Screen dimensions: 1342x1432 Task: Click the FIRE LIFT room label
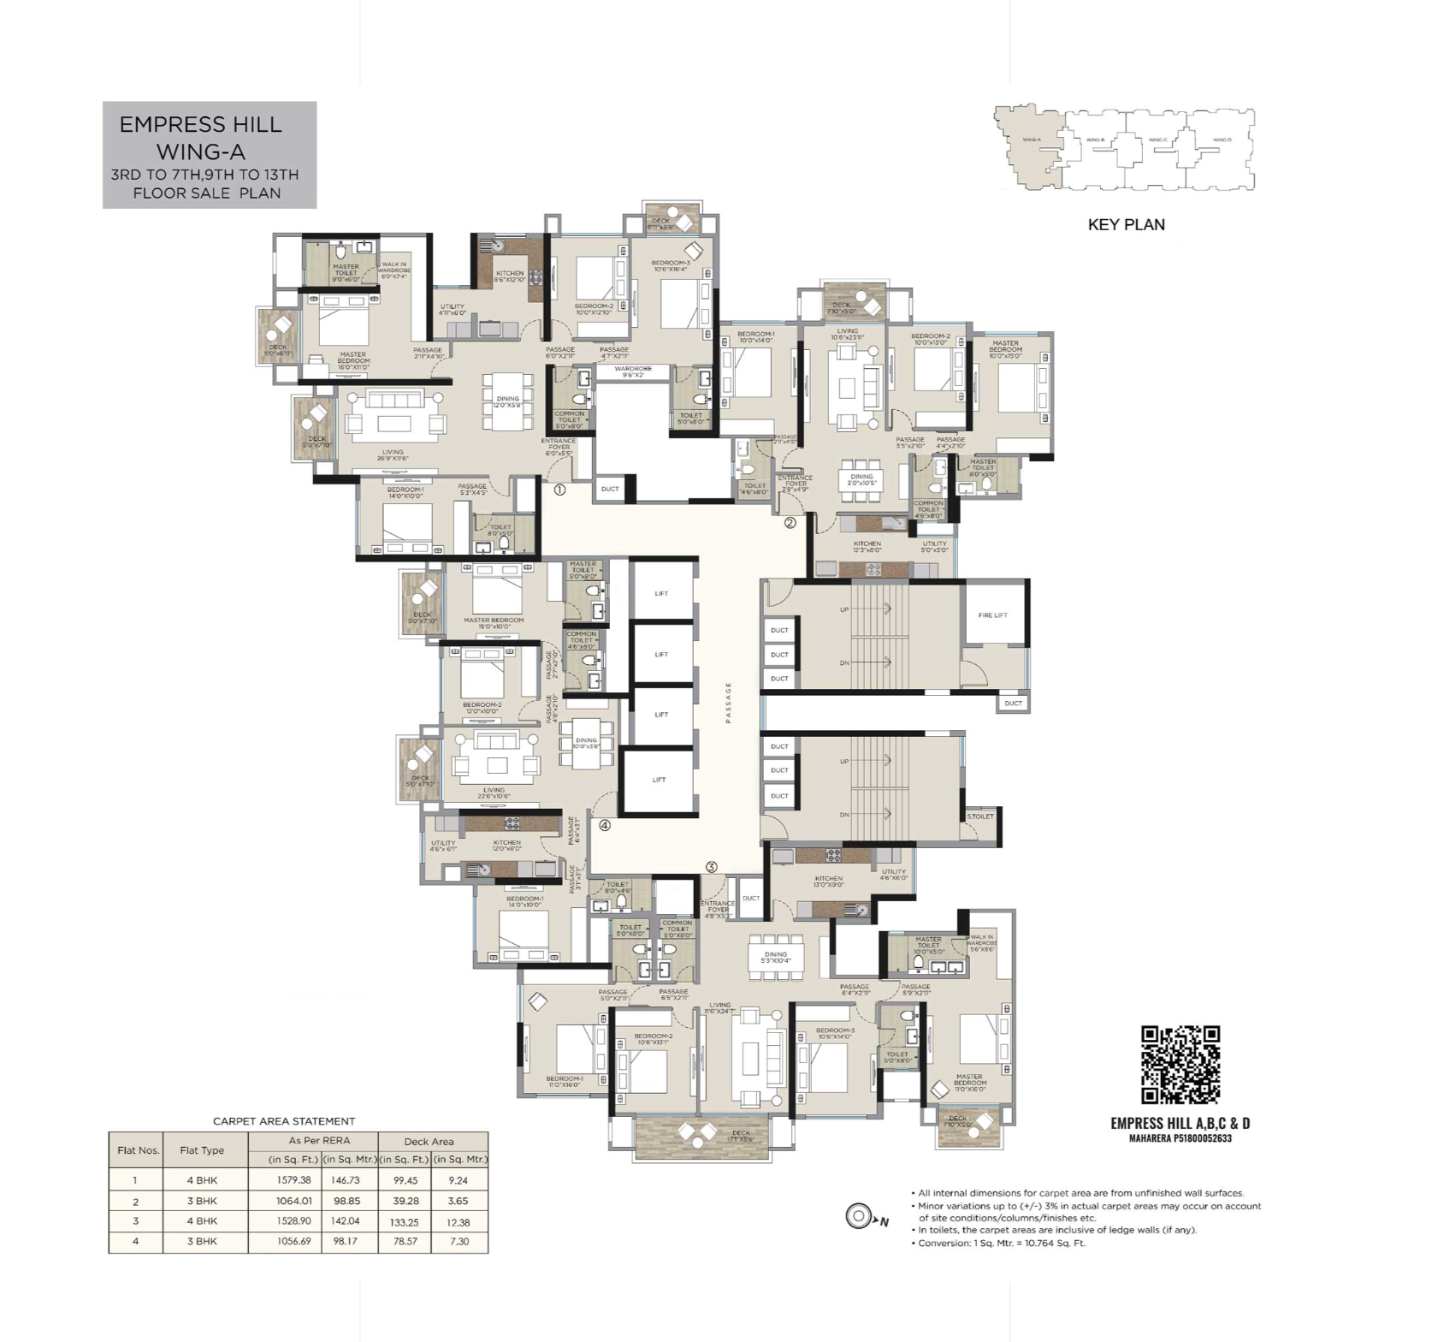pyautogui.click(x=992, y=615)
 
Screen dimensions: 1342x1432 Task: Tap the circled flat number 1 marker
pyautogui.click(x=559, y=490)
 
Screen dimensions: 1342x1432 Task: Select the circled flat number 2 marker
pyautogui.click(x=790, y=522)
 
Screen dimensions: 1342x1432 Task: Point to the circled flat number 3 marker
pyautogui.click(x=712, y=867)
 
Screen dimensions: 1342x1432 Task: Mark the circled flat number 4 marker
pyautogui.click(x=605, y=826)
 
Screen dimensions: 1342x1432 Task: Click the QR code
pyautogui.click(x=1181, y=1064)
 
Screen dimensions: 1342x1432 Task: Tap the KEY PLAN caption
pyautogui.click(x=1126, y=225)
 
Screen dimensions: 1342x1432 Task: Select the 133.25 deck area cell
pyautogui.click(x=405, y=1222)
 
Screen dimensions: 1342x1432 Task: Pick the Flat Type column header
pyautogui.click(x=202, y=1150)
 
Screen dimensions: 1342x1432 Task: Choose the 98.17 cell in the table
pyautogui.click(x=346, y=1241)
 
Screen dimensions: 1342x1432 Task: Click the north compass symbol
pyautogui.click(x=858, y=1215)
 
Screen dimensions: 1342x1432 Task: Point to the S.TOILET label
pyautogui.click(x=980, y=816)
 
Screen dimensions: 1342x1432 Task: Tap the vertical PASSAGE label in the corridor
pyautogui.click(x=729, y=703)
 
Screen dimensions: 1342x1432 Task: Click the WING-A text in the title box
pyautogui.click(x=200, y=152)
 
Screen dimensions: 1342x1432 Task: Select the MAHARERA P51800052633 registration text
pyautogui.click(x=1180, y=1138)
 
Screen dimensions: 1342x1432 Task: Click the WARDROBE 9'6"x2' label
pyautogui.click(x=632, y=371)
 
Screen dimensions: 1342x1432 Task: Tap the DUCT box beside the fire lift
pyautogui.click(x=1013, y=704)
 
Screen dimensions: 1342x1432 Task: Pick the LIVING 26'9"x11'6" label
pyautogui.click(x=393, y=454)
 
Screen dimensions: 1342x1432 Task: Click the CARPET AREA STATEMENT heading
pyautogui.click(x=284, y=1120)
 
